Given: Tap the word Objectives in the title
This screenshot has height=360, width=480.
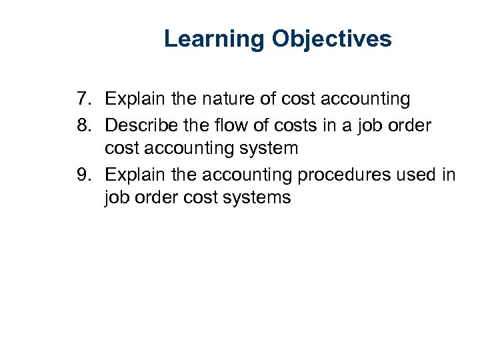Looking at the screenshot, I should [332, 39].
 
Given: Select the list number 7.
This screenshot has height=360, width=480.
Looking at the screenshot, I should [83, 99].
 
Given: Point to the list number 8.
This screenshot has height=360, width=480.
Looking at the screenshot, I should [83, 125].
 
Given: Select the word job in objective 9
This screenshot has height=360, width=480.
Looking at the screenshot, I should [117, 198].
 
